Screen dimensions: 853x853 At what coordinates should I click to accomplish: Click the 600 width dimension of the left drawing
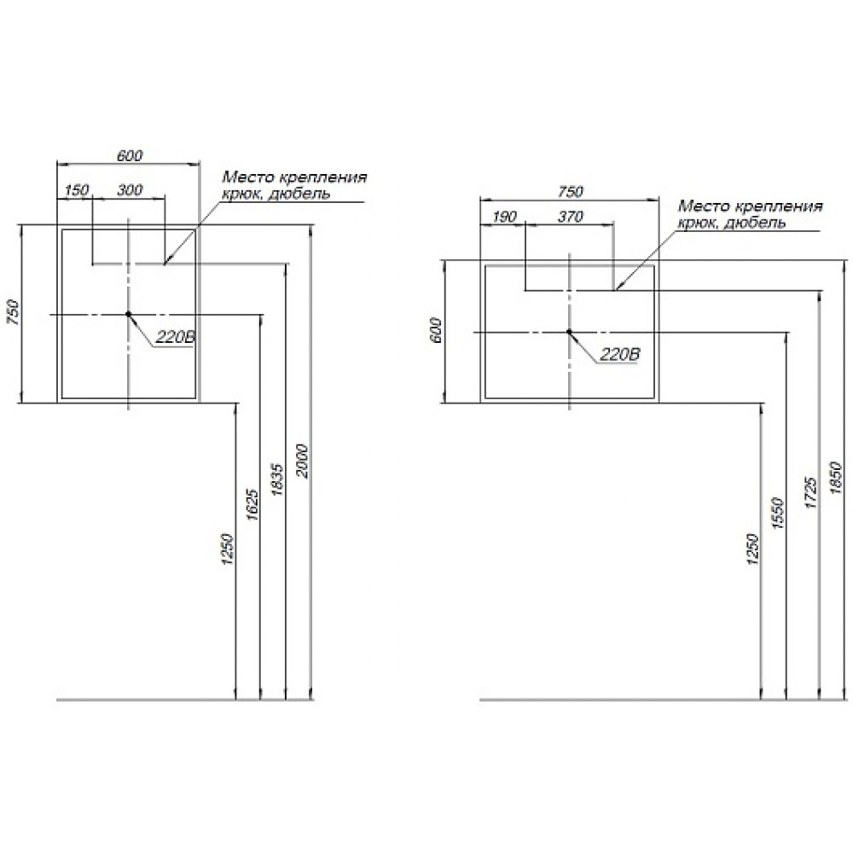(130, 155)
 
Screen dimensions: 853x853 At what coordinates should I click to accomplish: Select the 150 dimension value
(76, 190)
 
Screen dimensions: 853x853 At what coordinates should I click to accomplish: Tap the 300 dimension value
(130, 190)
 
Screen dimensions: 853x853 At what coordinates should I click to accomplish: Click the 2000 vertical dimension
(303, 461)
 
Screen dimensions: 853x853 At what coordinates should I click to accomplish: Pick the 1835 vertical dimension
(277, 479)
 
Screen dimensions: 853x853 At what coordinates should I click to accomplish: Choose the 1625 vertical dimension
(252, 505)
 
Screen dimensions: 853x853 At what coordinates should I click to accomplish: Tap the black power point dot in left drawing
(129, 314)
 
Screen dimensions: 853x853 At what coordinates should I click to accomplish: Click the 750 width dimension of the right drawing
(571, 191)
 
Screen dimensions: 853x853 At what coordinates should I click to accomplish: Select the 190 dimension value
(504, 217)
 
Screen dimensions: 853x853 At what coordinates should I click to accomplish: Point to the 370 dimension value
(570, 217)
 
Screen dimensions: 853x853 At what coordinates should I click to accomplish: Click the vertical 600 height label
(435, 330)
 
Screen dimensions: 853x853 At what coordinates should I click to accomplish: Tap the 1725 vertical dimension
(810, 493)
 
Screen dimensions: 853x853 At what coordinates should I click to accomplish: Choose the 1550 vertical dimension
(777, 514)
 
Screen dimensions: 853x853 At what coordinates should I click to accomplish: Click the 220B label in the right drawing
(620, 355)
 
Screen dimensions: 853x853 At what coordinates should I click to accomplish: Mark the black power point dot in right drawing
(569, 331)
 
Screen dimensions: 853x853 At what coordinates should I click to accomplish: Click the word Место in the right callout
(703, 206)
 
